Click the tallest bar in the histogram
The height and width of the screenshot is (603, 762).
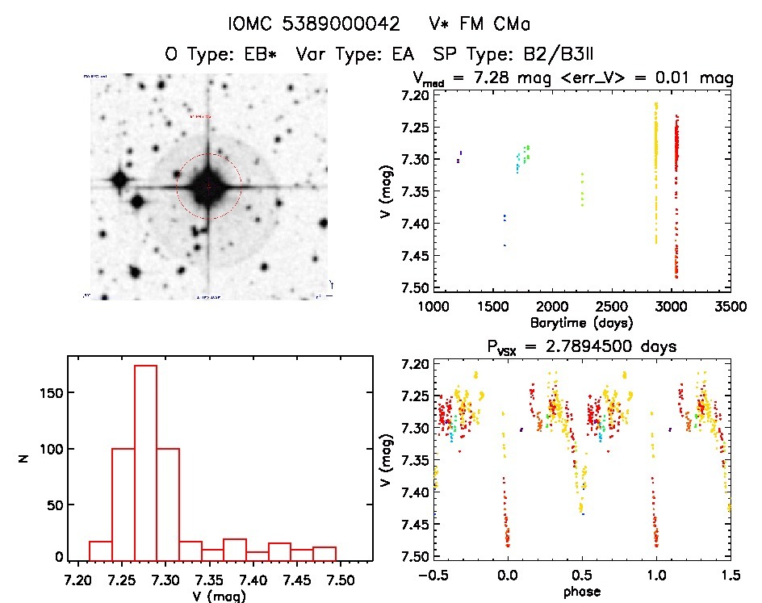[145, 460]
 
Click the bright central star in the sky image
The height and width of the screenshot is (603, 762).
[208, 186]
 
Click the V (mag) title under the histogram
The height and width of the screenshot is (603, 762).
[220, 596]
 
